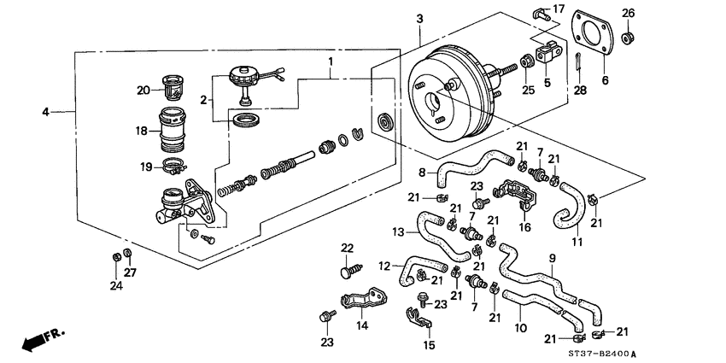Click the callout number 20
click(x=143, y=89)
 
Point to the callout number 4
click(x=46, y=111)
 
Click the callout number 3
click(x=419, y=18)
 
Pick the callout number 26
click(x=628, y=12)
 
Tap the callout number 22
click(x=347, y=248)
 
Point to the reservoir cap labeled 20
click(x=173, y=89)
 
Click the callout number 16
click(x=525, y=226)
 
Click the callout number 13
click(x=398, y=231)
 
